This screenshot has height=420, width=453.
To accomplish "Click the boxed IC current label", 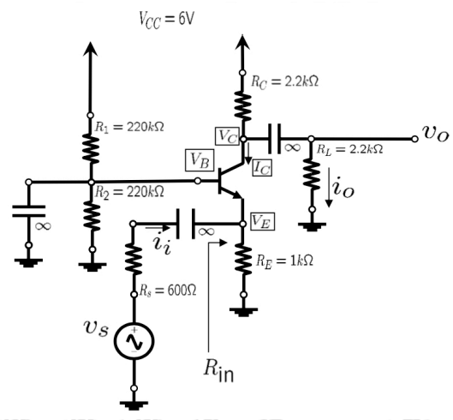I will tap(264, 169).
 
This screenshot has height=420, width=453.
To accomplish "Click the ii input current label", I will tap(162, 243).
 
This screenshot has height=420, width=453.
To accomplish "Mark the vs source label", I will tap(89, 330).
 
